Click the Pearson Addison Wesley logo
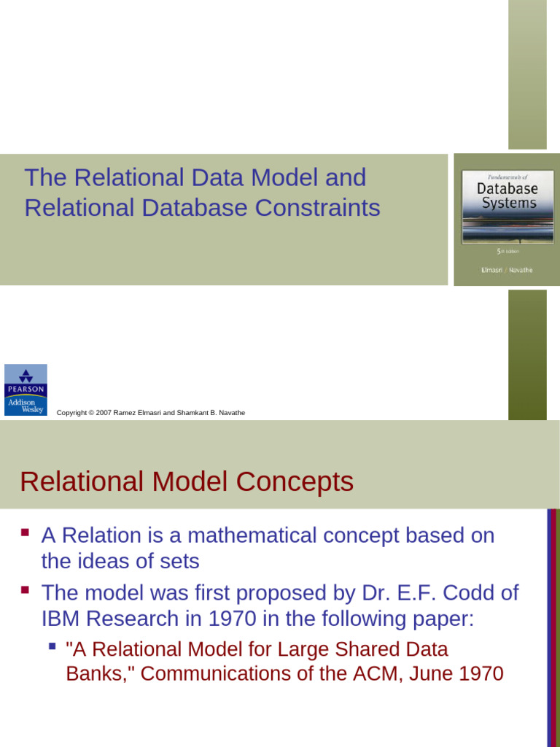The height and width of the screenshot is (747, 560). pos(26,390)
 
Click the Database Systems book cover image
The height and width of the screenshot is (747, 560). pos(506,220)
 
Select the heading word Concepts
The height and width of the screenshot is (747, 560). pos(297,482)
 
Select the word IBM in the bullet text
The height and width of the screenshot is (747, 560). pos(63,619)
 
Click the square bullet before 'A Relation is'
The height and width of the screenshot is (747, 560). pos(26,533)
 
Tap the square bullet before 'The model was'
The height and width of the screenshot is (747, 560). pos(26,589)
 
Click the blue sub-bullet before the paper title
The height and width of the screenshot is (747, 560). pos(52,646)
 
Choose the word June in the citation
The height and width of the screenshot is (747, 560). pos(444,673)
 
